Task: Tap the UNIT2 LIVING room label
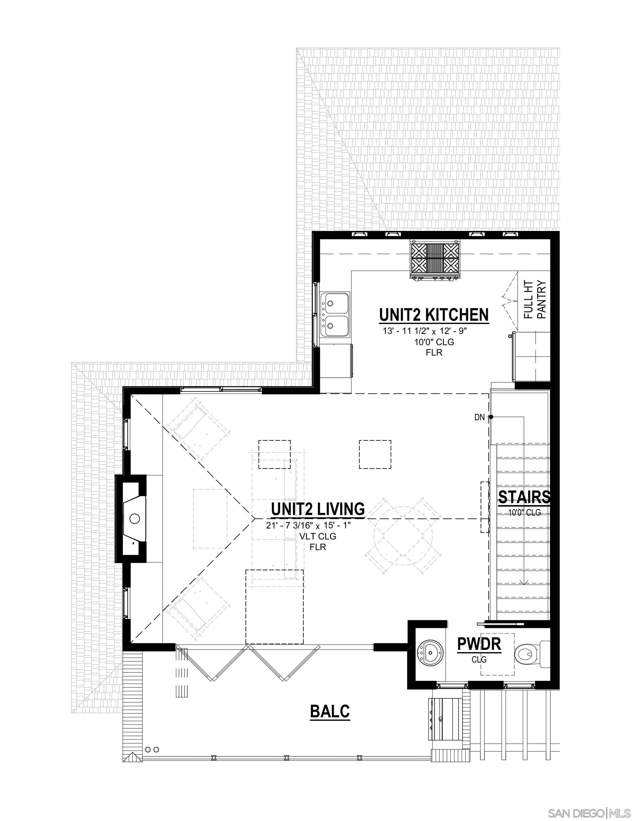point(318,509)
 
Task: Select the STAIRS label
point(524,497)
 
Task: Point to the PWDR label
point(479,644)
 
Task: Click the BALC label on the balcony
point(329,711)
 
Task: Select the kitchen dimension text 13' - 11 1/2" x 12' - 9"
point(424,331)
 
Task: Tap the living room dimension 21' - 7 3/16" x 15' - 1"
point(308,526)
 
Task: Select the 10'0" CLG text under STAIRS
point(524,512)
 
